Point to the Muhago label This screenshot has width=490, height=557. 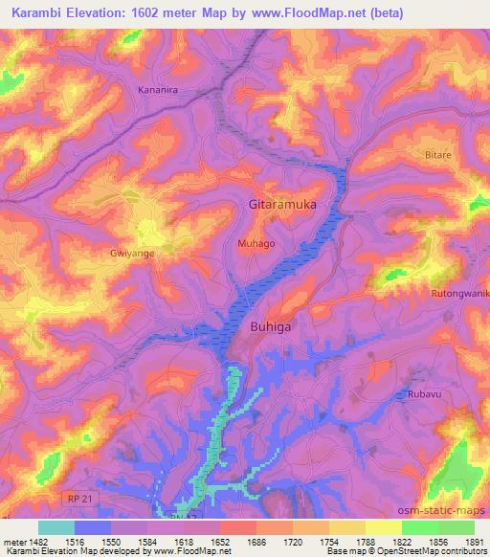[x=256, y=244]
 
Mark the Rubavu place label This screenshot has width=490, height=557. [x=418, y=392]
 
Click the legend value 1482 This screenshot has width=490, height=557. [x=38, y=541]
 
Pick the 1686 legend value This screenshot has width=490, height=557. [x=256, y=541]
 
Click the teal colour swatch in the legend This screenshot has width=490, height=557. [x=56, y=527]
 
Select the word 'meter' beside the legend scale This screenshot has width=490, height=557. [x=13, y=541]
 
